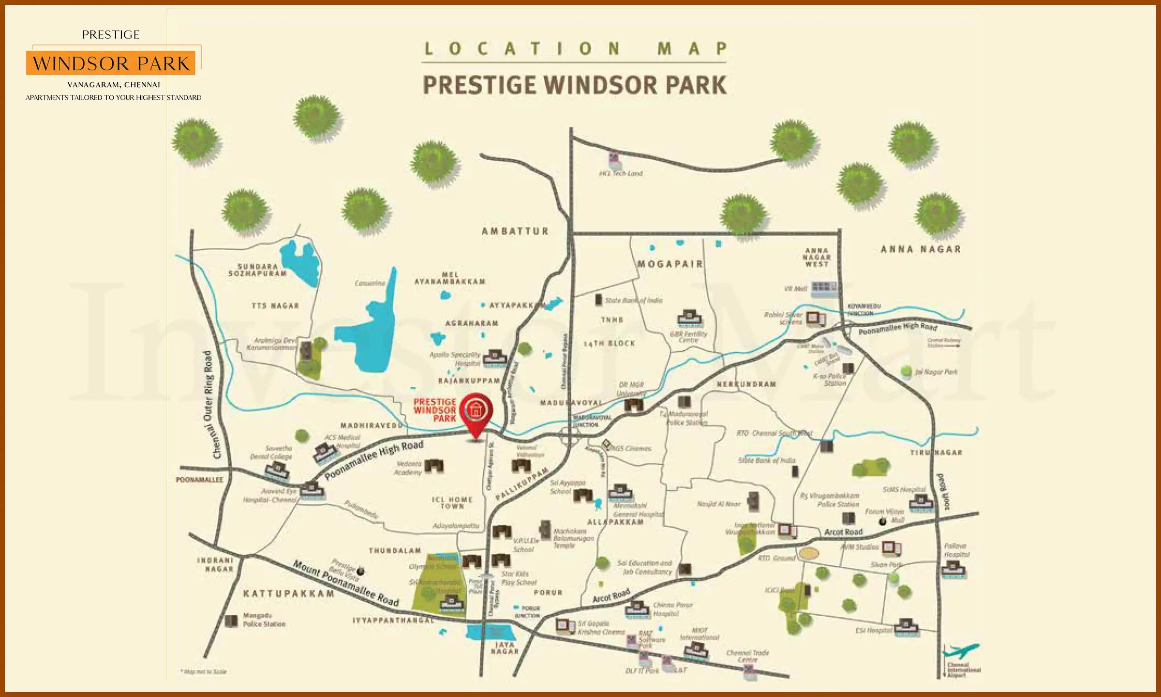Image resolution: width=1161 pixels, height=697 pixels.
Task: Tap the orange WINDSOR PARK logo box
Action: point(111,63)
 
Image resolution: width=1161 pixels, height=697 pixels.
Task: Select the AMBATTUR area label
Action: point(515,231)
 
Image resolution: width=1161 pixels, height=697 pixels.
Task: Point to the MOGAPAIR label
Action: point(670,264)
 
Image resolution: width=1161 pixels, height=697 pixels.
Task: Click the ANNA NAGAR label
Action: point(920,249)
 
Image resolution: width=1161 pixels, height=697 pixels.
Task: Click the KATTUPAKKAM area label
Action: point(289,593)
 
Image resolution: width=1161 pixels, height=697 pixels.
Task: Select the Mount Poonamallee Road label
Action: point(346,583)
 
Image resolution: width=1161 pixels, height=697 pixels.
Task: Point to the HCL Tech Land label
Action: point(621,173)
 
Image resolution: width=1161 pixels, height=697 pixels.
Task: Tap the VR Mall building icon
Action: point(823,288)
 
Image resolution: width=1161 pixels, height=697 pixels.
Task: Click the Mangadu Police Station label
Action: point(264,620)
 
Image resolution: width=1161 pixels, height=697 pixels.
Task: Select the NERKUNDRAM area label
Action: point(746,384)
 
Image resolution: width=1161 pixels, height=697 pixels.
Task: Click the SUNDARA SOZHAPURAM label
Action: point(257,270)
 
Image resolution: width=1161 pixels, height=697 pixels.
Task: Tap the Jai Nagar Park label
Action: point(936,372)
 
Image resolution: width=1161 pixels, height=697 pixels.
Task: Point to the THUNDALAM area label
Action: point(395,550)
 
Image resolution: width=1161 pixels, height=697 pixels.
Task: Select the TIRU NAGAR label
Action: point(936,452)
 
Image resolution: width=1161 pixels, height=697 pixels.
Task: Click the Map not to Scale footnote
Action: point(204,671)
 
